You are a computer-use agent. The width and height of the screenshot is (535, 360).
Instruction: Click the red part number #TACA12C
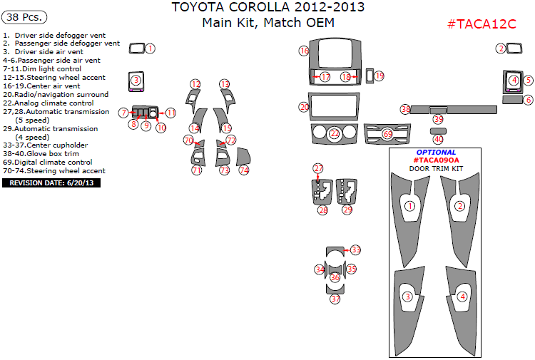click(481, 24)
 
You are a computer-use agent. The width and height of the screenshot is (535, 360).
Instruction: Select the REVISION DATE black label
click(51, 182)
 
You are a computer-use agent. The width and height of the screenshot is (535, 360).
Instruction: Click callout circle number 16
click(305, 51)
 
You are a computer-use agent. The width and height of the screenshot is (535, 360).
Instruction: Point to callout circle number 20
click(305, 107)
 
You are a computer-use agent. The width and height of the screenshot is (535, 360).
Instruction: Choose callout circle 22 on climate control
click(335, 133)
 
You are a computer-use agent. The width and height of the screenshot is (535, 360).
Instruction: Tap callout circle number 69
click(387, 133)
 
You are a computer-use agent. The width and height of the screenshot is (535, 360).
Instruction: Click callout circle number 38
click(405, 109)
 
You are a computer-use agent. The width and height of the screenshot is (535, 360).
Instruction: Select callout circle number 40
click(438, 139)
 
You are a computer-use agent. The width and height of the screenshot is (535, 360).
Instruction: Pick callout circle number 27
click(319, 168)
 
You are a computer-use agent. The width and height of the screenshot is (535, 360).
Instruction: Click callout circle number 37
click(335, 299)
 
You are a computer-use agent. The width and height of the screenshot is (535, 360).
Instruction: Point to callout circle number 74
click(244, 170)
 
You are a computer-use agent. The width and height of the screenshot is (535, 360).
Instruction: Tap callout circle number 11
click(171, 113)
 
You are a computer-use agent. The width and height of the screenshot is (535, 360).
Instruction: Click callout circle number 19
click(379, 76)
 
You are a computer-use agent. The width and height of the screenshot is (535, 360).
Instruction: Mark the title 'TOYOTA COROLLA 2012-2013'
click(267, 8)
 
